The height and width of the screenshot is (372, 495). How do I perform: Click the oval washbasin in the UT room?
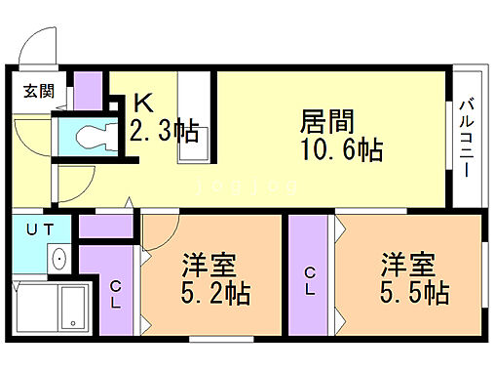(x=58, y=259)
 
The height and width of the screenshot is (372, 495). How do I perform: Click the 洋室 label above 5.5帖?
(x=407, y=264)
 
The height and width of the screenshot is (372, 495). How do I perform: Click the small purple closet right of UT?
(x=105, y=227)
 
